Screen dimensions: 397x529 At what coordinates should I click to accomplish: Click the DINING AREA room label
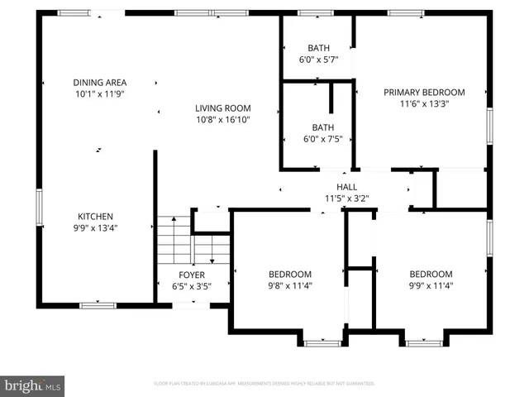98,82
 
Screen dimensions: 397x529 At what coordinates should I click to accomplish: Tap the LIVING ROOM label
222,108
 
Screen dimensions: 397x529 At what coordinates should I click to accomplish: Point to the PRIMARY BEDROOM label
423,93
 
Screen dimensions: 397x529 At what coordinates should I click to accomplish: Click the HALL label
346,187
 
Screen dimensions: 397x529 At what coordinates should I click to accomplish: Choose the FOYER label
192,275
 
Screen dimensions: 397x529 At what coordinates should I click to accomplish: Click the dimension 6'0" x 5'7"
318,59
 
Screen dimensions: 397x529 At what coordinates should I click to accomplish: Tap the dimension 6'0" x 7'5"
318,139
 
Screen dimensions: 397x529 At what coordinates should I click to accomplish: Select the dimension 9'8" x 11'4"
289,285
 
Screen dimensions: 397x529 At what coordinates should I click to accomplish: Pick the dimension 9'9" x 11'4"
431,285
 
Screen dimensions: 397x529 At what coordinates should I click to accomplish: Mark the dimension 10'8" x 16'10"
222,120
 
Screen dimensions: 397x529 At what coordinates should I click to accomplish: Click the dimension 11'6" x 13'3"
423,104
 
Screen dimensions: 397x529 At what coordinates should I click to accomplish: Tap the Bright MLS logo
33,385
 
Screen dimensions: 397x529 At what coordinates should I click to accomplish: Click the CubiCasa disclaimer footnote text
264,384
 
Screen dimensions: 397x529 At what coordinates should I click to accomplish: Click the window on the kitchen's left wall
39,206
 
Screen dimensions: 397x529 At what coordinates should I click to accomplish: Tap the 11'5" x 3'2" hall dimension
346,198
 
